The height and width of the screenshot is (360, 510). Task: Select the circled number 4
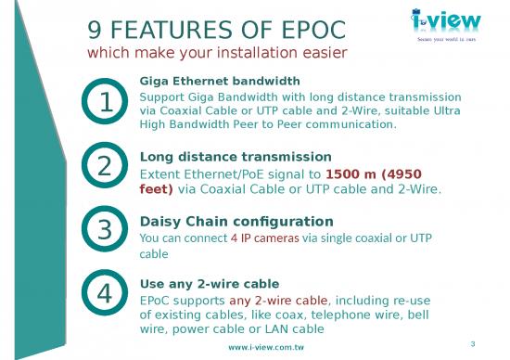tap(105, 293)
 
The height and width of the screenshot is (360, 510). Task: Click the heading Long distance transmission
tap(235, 157)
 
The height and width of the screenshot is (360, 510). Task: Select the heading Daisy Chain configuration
tap(236, 222)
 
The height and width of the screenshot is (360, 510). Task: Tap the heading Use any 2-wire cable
tap(209, 283)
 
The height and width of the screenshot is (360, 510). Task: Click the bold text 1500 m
tap(347, 174)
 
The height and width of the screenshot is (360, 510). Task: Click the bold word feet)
tap(156, 189)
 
